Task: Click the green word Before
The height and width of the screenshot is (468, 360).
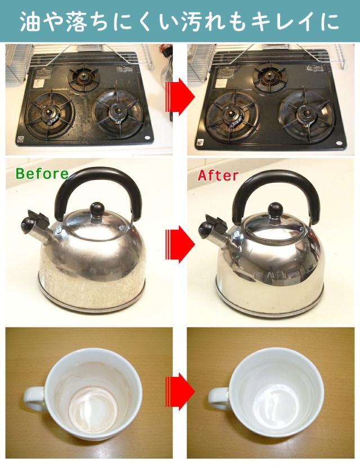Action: (42, 174)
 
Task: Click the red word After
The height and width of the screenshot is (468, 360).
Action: (218, 175)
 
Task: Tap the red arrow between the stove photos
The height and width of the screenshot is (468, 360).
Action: (180, 97)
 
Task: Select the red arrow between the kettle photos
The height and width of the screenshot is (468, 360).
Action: (180, 244)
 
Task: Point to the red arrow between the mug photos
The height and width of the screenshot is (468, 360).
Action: (180, 391)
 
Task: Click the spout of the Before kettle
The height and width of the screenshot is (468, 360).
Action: (36, 226)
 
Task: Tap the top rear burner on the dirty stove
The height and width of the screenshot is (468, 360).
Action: (83, 77)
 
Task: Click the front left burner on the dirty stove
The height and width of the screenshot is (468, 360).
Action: (49, 115)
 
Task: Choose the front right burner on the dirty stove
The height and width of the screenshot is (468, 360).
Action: (118, 112)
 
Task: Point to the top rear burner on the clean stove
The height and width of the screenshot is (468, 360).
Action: (268, 76)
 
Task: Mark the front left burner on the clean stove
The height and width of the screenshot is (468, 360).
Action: (232, 115)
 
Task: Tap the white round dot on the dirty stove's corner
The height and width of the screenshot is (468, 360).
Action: (147, 138)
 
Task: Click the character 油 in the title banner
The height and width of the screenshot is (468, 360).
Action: (30, 21)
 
